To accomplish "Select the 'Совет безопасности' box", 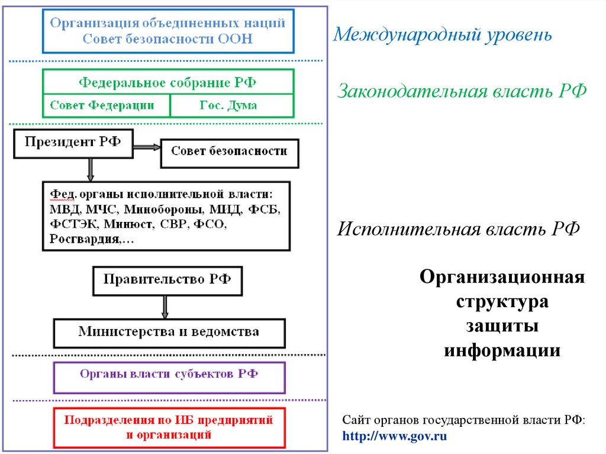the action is [229, 152].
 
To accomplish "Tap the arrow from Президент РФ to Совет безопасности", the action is [147, 147].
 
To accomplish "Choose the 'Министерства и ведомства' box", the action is [169, 332].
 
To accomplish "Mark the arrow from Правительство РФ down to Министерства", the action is [165, 307].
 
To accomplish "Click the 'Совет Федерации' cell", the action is [105, 105].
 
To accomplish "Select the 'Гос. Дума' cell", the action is [231, 105].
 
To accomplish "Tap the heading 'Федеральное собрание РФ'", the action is [167, 82].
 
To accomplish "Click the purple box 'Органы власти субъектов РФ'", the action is [169, 376].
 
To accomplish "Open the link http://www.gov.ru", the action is [395, 437].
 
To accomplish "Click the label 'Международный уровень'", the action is [443, 34].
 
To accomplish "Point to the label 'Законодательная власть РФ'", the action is [462, 92].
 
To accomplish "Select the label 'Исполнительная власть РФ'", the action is [458, 230].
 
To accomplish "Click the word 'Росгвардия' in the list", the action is [85, 239].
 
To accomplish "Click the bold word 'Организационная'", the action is [502, 277].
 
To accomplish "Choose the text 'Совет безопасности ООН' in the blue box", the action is [167, 39].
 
